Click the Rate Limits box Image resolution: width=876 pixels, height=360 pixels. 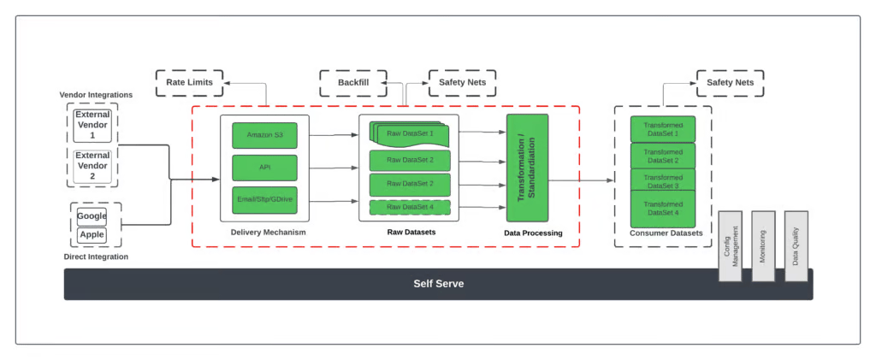[189, 83]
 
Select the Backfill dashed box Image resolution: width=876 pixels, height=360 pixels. [353, 83]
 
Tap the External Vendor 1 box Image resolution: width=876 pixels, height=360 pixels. [92, 124]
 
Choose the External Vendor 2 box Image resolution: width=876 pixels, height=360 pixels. [92, 165]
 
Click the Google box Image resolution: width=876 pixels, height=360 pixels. [92, 216]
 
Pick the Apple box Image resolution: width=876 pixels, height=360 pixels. [92, 234]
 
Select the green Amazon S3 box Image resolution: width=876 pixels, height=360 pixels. [264, 135]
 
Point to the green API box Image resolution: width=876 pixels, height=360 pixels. [264, 168]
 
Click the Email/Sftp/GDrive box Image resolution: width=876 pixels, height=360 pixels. [264, 200]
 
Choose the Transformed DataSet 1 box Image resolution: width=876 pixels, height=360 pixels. [662, 129]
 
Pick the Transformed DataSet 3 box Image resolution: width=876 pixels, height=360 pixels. [662, 181]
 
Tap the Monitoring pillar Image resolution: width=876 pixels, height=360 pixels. [763, 245]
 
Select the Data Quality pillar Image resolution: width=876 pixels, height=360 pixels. [796, 245]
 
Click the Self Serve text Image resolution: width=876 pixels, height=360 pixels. [438, 284]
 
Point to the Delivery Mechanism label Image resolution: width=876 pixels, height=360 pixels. [268, 233]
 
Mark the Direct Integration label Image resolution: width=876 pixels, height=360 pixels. [96, 257]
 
